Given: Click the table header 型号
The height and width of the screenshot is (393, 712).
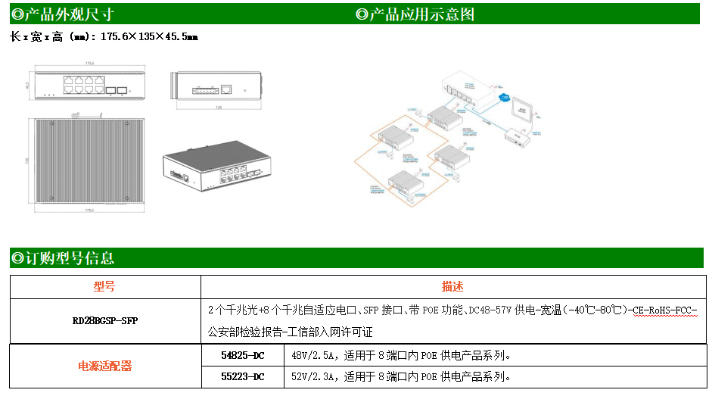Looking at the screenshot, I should (104, 287).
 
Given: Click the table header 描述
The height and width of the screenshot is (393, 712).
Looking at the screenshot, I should (452, 287).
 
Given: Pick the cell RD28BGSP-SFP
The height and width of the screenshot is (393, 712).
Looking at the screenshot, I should (104, 321).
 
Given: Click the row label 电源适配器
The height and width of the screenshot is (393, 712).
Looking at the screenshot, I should (104, 366).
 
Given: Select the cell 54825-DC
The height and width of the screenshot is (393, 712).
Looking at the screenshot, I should (242, 354).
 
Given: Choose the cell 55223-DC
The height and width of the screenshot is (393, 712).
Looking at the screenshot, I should (242, 376).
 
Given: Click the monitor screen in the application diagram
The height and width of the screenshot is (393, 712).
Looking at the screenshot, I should (523, 111).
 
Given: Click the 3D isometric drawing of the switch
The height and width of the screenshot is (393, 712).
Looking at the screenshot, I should (216, 170).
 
